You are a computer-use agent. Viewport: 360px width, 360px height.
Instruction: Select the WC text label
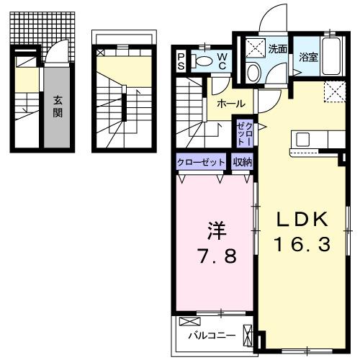222,60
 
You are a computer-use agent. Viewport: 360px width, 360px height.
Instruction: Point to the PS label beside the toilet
181,60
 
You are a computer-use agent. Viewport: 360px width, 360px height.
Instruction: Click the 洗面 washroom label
278,50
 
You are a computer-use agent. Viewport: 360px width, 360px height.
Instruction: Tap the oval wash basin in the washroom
253,71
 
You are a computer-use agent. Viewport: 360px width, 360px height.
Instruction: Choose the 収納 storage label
242,162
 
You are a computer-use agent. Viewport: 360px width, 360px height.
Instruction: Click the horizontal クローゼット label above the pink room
201,162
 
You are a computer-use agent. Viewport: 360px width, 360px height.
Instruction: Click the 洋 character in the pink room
217,231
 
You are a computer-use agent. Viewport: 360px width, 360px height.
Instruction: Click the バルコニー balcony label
207,336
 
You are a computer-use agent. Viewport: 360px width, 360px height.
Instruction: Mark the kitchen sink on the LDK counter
302,139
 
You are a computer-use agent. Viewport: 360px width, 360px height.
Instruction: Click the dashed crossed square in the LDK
333,91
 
